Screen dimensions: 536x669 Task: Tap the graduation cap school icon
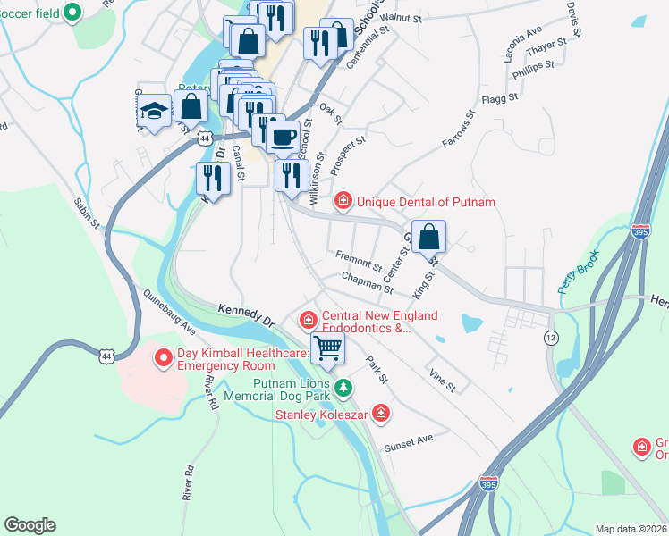pyautogui.click(x=155, y=112)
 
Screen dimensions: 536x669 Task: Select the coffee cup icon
pyautogui.click(x=284, y=137)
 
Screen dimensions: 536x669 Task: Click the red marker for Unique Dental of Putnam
pyautogui.click(x=343, y=201)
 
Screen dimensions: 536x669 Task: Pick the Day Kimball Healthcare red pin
pyautogui.click(x=164, y=359)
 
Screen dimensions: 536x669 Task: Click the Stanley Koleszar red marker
pyautogui.click(x=381, y=413)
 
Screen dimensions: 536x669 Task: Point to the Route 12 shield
pyautogui.click(x=551, y=337)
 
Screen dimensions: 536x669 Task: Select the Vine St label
pyautogui.click(x=443, y=380)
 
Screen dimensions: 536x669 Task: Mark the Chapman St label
pyautogui.click(x=367, y=283)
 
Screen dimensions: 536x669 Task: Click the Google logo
pyautogui.click(x=30, y=525)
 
